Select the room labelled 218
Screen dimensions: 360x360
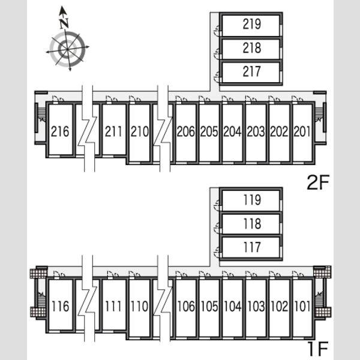(252, 48)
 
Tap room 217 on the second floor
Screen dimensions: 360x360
(252, 71)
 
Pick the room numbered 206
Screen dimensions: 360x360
(186, 131)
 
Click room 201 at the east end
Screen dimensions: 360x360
(302, 131)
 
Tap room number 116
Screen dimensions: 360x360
(61, 306)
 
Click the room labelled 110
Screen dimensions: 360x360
(140, 306)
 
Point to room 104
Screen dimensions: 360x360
(233, 306)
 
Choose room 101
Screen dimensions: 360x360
(302, 306)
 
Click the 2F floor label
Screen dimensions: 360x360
(318, 182)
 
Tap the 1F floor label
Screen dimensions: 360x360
(318, 349)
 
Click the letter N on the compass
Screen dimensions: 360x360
(64, 23)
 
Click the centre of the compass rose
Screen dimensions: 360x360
(67, 49)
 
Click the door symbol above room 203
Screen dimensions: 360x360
(251, 99)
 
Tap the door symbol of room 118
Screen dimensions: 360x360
(217, 229)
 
